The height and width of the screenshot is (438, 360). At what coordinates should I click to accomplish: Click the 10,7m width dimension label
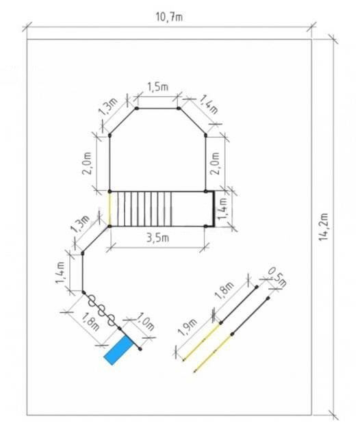click(x=169, y=17)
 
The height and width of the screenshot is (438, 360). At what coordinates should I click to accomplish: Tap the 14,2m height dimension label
click(x=323, y=227)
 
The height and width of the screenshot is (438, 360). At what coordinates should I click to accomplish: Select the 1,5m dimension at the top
click(x=157, y=87)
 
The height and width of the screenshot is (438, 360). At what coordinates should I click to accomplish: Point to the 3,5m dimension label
click(x=158, y=238)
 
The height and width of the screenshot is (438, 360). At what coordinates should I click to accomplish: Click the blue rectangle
click(x=118, y=350)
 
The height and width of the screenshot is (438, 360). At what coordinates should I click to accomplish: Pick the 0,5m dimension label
click(x=277, y=277)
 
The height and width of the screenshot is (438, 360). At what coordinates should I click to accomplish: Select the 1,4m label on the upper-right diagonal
click(x=209, y=105)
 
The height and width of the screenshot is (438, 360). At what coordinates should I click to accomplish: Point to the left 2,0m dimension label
click(x=87, y=164)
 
